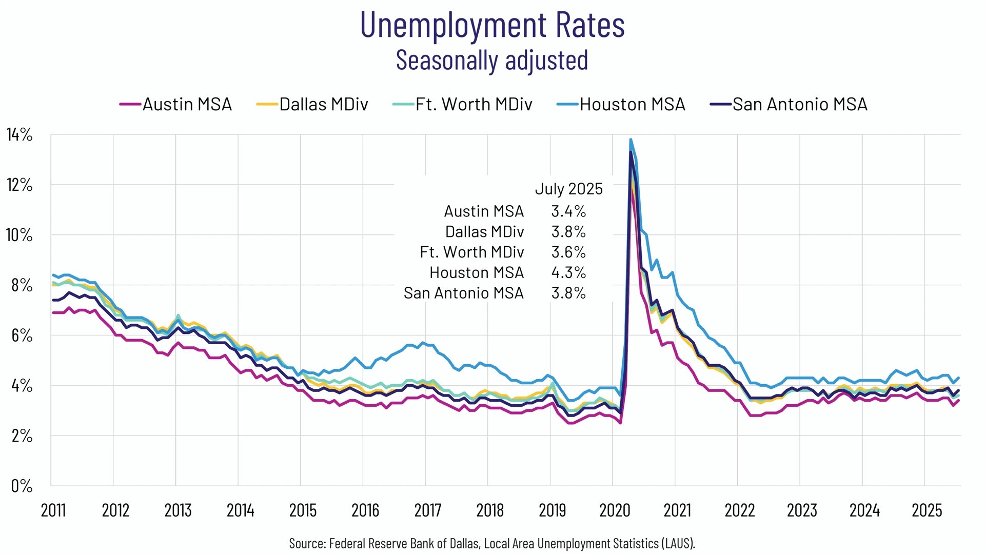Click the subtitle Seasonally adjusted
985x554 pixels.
coord(492,60)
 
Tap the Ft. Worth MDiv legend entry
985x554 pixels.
coord(463,104)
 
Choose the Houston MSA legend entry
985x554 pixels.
coord(621,104)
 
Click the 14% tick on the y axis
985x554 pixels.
coord(19,135)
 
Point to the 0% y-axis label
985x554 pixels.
coord(22,486)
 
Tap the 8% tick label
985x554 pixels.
coord(22,285)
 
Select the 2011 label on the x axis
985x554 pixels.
coord(53,510)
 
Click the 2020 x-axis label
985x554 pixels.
coord(615,510)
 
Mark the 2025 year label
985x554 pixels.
coord(927,510)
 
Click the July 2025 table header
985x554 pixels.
coord(568,189)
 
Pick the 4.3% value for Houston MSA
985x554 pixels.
coord(568,272)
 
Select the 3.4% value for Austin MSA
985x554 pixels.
coord(568,211)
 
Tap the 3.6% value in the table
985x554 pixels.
coord(568,252)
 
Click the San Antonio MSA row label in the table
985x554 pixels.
coord(463,293)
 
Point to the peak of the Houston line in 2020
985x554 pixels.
coord(631,140)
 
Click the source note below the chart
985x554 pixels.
coord(492,543)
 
